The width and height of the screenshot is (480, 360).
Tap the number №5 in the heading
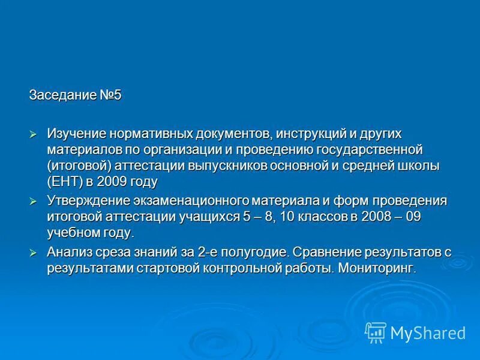[110, 95]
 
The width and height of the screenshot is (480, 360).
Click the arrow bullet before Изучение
[34, 133]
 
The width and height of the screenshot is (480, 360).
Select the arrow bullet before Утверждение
[34, 200]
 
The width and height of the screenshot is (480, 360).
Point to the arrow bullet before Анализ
[34, 253]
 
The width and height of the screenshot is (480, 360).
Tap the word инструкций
[307, 133]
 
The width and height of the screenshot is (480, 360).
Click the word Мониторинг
[377, 268]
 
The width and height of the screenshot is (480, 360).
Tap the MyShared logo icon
[376, 332]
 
